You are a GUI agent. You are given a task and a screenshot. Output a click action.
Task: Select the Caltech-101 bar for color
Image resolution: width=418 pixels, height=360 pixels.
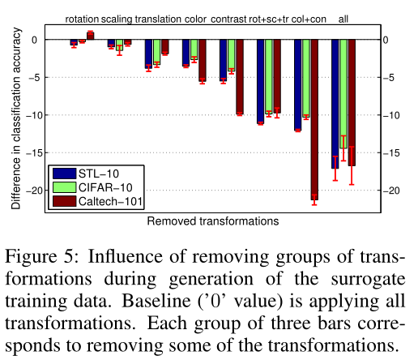click(202, 60)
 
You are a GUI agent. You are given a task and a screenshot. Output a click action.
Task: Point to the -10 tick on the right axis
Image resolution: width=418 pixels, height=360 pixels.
click(394, 115)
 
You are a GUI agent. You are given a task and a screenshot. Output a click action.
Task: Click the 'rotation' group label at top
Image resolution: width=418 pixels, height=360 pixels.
click(82, 18)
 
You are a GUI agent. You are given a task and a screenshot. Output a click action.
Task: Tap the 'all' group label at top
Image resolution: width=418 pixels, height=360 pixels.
click(343, 18)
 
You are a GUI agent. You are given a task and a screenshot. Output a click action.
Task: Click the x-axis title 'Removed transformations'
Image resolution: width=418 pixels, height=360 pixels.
click(212, 221)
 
